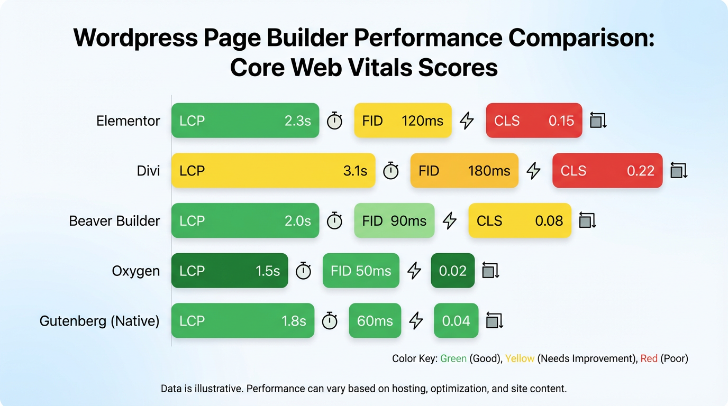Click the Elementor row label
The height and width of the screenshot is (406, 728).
pyautogui.click(x=128, y=121)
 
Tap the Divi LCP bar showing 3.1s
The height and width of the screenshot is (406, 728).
pyautogui.click(x=273, y=171)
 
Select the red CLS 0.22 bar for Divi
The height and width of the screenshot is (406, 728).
pyautogui.click(x=607, y=171)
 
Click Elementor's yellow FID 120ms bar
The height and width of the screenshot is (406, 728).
pyautogui.click(x=403, y=121)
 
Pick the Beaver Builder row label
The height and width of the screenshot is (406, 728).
pyautogui.click(x=114, y=221)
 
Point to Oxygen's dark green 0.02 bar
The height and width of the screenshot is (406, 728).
pyautogui.click(x=452, y=271)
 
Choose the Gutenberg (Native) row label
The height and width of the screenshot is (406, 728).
pyautogui.click(x=99, y=321)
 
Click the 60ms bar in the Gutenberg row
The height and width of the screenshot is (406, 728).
pyautogui.click(x=375, y=321)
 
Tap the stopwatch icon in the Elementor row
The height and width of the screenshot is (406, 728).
pyautogui.click(x=334, y=121)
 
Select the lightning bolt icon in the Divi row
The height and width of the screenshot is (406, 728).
pyautogui.click(x=533, y=170)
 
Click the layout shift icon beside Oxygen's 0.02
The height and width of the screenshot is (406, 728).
pyautogui.click(x=490, y=271)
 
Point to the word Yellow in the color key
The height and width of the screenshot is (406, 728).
pyautogui.click(x=520, y=359)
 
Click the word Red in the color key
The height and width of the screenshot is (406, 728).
pyautogui.click(x=649, y=359)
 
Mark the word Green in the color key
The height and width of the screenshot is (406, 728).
pyautogui.click(x=453, y=359)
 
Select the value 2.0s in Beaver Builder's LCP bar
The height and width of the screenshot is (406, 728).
pyautogui.click(x=298, y=221)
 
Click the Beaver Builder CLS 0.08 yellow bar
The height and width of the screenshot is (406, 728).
pyautogui.click(x=520, y=221)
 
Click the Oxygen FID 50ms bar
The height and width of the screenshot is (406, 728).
pyautogui.click(x=361, y=271)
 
